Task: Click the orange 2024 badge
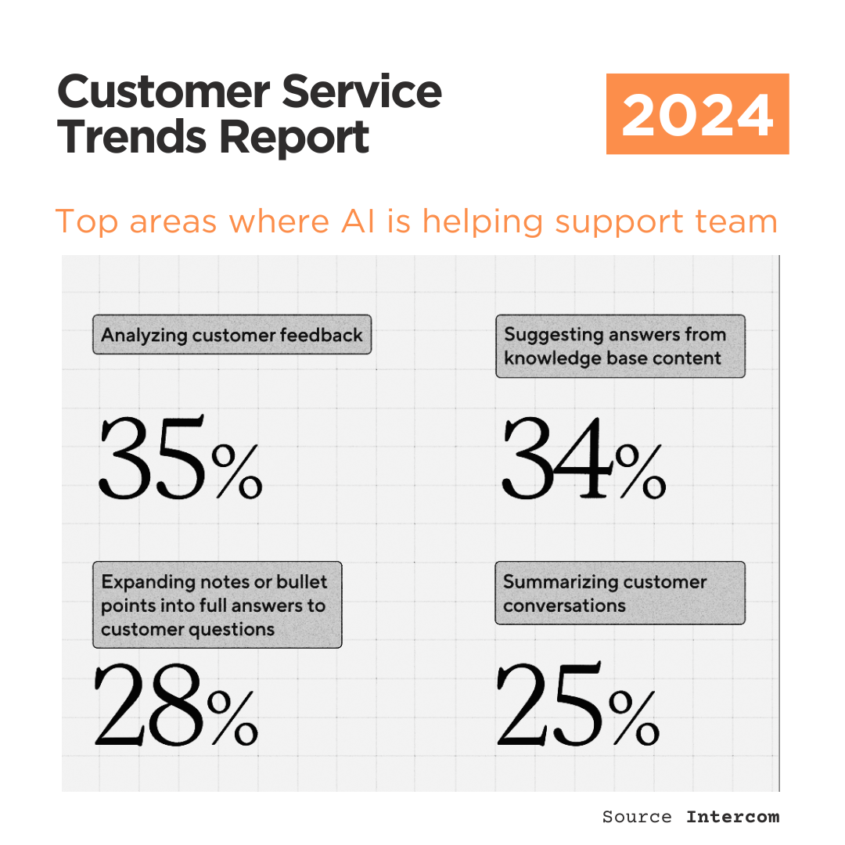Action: tap(697, 114)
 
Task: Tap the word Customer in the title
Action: tap(161, 92)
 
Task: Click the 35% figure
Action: tap(180, 459)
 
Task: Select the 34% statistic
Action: tap(583, 459)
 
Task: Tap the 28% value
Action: tap(176, 704)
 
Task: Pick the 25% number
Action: tap(577, 704)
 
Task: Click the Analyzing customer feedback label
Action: tap(232, 335)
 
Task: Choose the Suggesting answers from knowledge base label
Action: tap(620, 346)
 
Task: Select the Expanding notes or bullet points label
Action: tap(217, 605)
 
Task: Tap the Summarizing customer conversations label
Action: tap(620, 593)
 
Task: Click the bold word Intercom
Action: tap(732, 817)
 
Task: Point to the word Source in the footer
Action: tap(636, 817)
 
